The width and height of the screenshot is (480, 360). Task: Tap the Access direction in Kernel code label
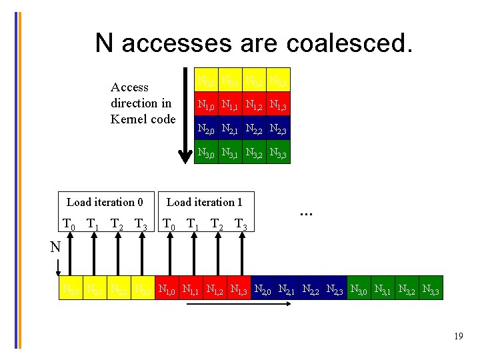(x=143, y=103)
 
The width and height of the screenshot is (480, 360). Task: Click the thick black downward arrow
(x=185, y=114)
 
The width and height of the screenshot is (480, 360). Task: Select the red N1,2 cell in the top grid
(x=254, y=105)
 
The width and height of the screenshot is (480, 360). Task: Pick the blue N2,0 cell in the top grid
(x=207, y=129)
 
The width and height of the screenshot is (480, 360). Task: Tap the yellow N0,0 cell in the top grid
(x=207, y=81)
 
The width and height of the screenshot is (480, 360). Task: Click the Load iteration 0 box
(x=105, y=202)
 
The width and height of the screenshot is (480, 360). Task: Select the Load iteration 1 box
(x=204, y=202)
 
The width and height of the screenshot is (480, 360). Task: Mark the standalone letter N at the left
(x=56, y=247)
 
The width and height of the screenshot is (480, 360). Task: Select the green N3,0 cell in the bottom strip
(x=359, y=290)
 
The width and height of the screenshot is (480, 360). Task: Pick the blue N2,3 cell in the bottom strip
(x=335, y=290)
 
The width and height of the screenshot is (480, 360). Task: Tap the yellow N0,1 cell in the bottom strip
(x=94, y=290)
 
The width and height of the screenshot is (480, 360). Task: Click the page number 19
(x=458, y=336)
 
